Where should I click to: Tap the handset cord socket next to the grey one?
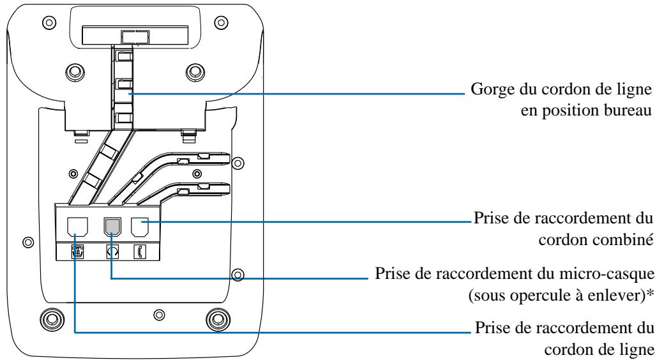[x=139, y=227]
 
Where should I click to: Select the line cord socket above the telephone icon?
[x=75, y=227]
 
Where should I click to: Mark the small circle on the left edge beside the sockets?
[x=27, y=243]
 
